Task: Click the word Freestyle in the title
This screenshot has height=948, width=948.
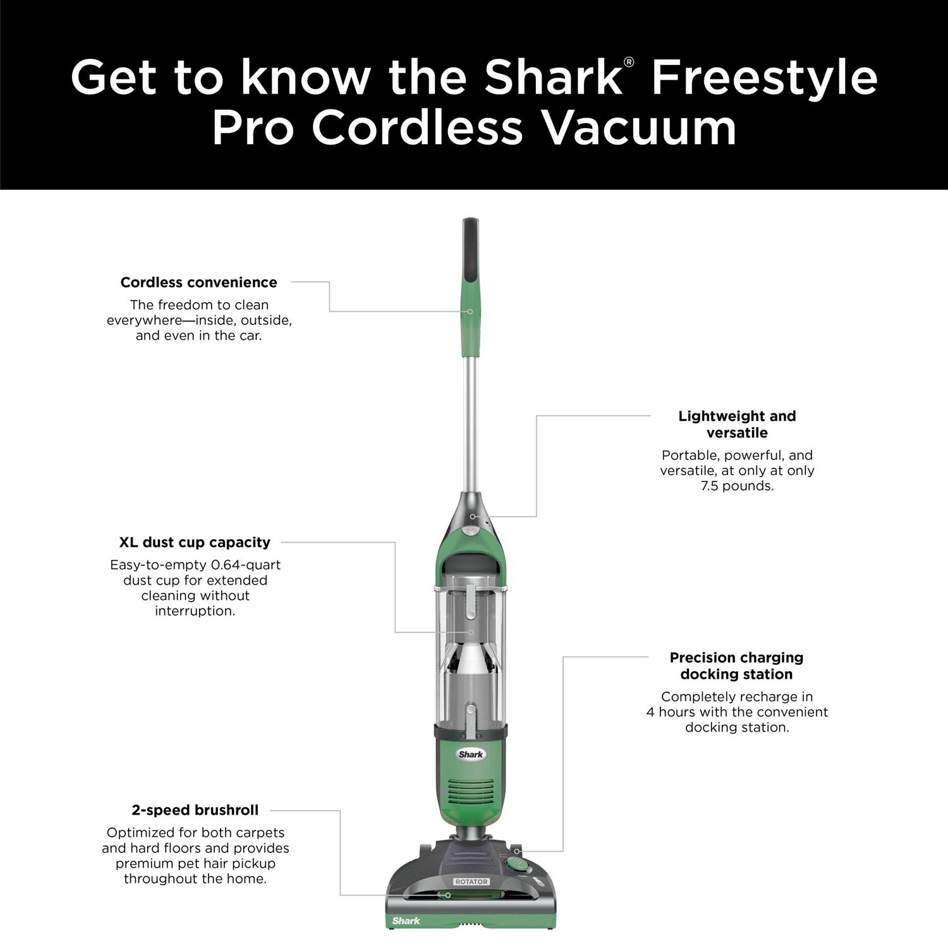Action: tap(763, 77)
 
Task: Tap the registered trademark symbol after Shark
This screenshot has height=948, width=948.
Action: tap(629, 62)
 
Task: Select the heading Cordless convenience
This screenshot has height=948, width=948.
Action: tap(198, 283)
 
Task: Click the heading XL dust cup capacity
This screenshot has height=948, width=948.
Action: tap(195, 542)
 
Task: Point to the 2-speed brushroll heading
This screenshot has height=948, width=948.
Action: tap(195, 810)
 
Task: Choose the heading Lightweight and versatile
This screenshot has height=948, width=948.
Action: tap(737, 424)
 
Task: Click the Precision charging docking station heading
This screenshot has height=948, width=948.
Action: tap(736, 665)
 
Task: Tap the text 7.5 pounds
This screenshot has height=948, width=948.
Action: tap(737, 486)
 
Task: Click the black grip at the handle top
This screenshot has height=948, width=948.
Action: tap(471, 253)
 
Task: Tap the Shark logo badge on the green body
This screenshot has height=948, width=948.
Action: tap(471, 754)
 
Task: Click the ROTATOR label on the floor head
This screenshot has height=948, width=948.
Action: tap(471, 882)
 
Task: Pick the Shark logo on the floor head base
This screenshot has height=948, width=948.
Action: tap(406, 921)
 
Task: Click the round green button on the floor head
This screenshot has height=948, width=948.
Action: tap(518, 864)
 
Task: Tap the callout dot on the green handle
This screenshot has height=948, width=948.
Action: tap(470, 312)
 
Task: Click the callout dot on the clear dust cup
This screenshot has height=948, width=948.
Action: tap(471, 632)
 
